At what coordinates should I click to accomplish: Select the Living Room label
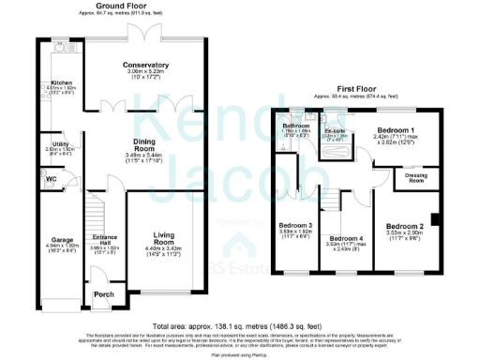pyautogui.click(x=165, y=241)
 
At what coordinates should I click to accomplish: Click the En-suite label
pyautogui.click(x=336, y=131)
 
